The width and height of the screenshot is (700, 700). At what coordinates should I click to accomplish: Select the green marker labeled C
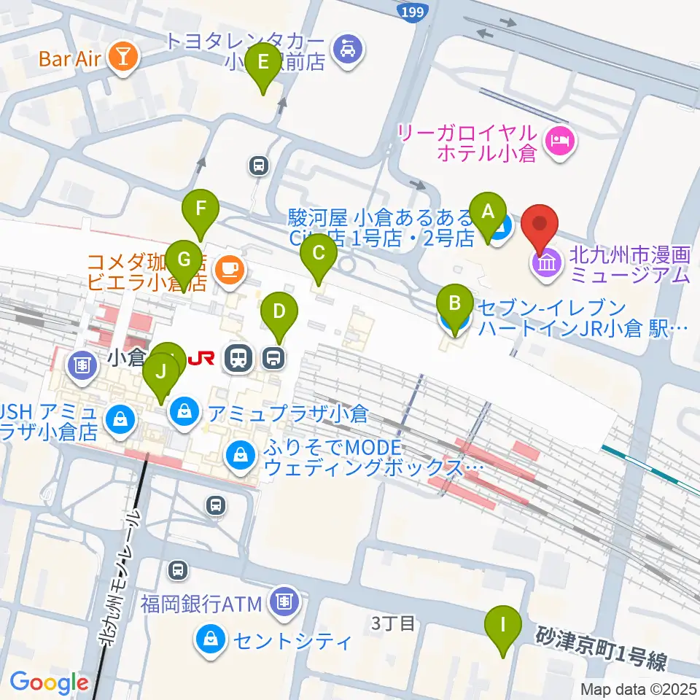click(319, 254)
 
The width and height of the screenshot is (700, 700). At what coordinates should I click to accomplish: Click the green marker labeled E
click(262, 63)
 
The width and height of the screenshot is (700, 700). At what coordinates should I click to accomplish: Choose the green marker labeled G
click(184, 260)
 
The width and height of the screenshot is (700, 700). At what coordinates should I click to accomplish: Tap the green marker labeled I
click(502, 625)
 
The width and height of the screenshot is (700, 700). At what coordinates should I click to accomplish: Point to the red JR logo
click(201, 357)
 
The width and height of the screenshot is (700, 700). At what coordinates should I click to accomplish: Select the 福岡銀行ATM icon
click(281, 602)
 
